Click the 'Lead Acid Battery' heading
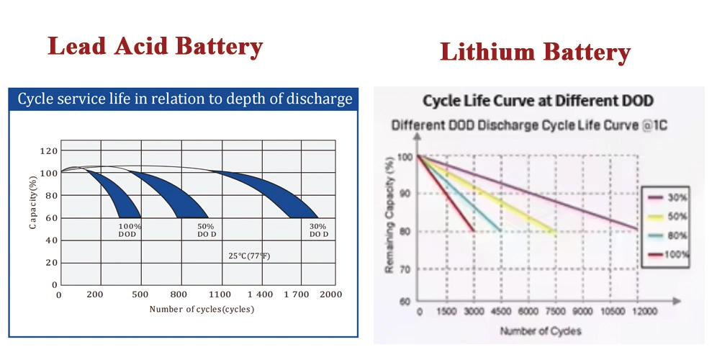point(155,47)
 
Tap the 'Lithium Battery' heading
point(535,52)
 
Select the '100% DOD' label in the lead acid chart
point(130,230)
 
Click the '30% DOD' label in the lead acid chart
point(319,230)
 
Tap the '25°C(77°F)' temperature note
point(249,256)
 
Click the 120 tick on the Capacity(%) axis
point(48,151)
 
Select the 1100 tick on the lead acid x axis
point(221,295)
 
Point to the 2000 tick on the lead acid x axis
point(330,295)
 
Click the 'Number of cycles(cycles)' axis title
point(202,309)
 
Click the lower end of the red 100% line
point(473,230)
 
